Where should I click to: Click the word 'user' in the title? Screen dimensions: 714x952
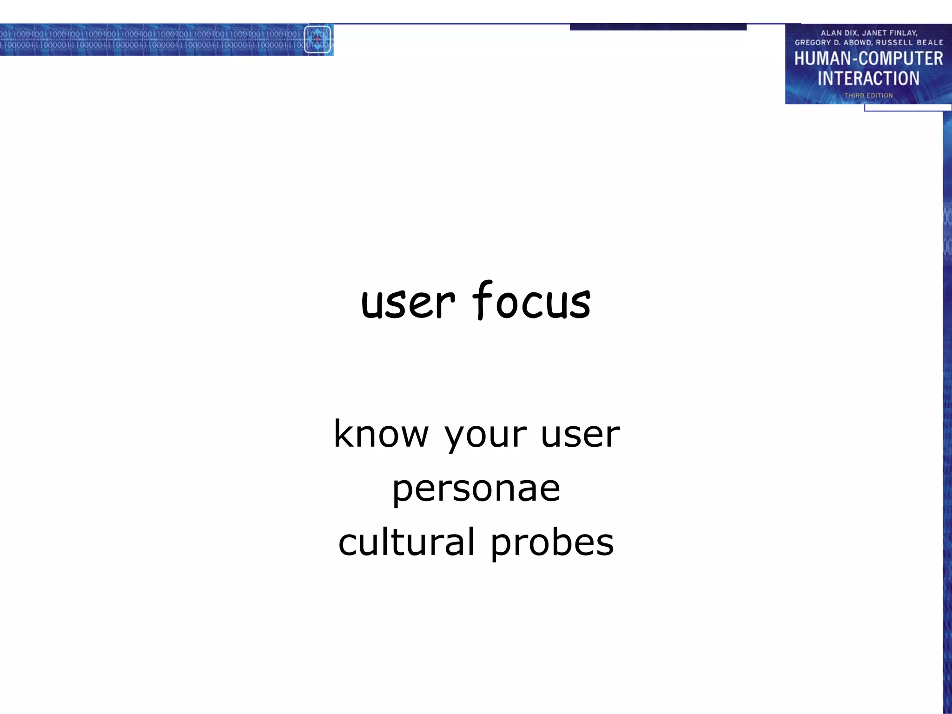[407, 303]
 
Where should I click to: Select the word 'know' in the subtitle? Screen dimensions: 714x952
[381, 433]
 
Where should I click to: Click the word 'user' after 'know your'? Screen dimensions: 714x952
[580, 434]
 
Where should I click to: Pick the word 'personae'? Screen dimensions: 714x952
[476, 489]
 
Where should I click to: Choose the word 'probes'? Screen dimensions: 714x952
[552, 543]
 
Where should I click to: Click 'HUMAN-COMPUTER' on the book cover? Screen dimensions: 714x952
[868, 59]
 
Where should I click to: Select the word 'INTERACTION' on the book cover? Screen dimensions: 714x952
[868, 78]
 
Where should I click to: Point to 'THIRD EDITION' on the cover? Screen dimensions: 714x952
[868, 95]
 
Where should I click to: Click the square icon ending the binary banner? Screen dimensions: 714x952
[317, 40]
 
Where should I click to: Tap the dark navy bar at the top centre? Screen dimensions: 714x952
[658, 27]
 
